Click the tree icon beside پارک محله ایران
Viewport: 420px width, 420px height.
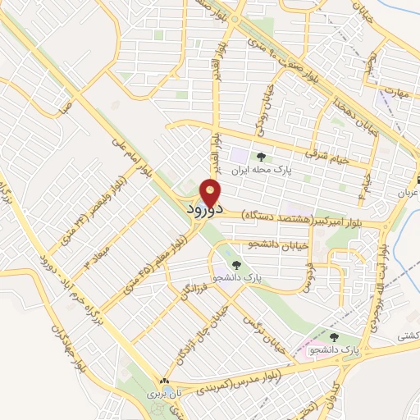coord(261,157)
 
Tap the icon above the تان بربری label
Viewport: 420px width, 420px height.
coord(164,381)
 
